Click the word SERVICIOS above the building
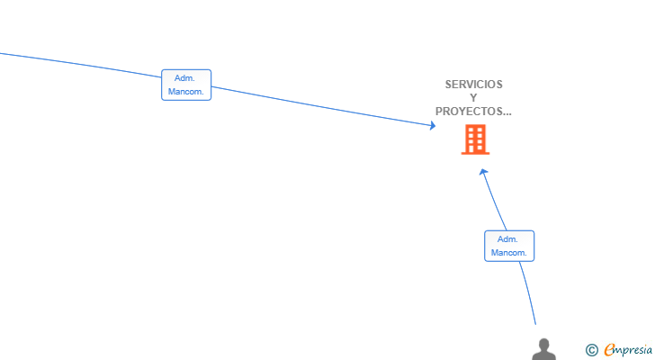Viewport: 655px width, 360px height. [473, 85]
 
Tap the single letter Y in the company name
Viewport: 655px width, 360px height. [473, 98]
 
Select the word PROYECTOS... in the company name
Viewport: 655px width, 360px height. [473, 112]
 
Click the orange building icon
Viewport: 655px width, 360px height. [475, 139]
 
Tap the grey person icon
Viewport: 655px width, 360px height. [543, 349]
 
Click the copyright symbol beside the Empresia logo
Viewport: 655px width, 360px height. [591, 350]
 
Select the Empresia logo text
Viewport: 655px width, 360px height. [628, 350]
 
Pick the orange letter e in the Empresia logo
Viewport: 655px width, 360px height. [609, 350]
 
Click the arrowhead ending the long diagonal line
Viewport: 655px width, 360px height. [433, 125]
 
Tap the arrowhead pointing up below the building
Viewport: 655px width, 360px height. [484, 172]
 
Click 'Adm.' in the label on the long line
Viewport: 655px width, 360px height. [184, 78]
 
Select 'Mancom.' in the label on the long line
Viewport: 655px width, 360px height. [186, 92]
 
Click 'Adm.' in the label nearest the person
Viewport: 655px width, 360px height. [507, 239]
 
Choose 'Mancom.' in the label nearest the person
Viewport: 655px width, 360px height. [509, 253]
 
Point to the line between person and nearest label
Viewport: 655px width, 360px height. [529, 292]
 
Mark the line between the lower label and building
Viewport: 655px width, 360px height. [495, 201]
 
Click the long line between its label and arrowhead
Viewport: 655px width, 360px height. [322, 106]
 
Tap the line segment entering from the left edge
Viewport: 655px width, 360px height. [81, 65]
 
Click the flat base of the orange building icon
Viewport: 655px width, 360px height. [475, 153]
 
